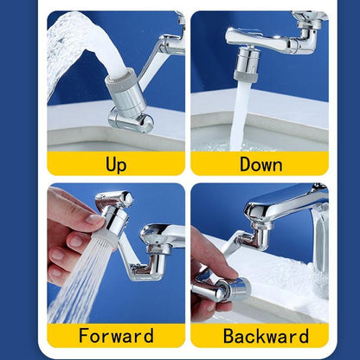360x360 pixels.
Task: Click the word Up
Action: [x=116, y=164]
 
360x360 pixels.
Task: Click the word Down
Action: [x=260, y=164]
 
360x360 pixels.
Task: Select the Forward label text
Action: [x=116, y=336]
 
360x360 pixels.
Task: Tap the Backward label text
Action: [x=260, y=336]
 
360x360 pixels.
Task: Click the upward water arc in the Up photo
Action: [x=69, y=43]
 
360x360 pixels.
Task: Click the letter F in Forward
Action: [x=84, y=336]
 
